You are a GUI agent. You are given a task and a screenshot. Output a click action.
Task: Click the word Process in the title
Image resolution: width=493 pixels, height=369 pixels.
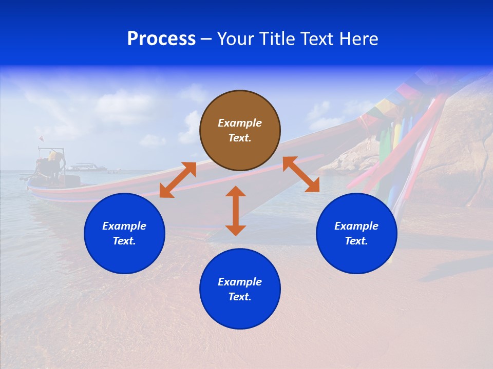point(161,39)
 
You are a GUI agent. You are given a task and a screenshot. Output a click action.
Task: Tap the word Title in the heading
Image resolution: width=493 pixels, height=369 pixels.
point(279,39)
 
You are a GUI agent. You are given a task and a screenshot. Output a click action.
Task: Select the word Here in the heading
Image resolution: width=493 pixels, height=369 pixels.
point(358,39)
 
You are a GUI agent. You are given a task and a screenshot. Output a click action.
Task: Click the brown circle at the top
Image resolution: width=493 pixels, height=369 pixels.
point(240,130)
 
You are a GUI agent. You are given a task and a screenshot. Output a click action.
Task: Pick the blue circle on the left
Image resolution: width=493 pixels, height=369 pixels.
point(124,233)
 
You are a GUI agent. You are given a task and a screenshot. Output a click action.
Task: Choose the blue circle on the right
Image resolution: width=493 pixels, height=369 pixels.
point(356,233)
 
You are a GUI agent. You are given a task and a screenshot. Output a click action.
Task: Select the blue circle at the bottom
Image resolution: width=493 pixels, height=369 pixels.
point(240,289)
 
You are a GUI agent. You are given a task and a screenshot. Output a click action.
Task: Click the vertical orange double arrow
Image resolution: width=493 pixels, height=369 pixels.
point(236,211)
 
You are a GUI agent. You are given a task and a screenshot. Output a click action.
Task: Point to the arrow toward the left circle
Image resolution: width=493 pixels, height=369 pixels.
point(178,179)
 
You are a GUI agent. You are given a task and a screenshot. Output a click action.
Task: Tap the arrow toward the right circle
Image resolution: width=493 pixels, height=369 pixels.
point(301,174)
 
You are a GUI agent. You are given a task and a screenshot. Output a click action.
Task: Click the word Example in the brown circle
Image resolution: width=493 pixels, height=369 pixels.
point(240,123)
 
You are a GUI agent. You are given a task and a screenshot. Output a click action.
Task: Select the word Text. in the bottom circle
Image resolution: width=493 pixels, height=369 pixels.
point(240,297)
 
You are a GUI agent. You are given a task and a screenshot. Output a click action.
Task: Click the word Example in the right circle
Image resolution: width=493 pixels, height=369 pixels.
point(356,226)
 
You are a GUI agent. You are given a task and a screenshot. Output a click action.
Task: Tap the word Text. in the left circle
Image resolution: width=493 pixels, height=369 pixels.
point(124,241)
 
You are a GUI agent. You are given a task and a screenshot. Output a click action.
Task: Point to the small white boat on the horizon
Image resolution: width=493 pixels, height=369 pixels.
point(86,167)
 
